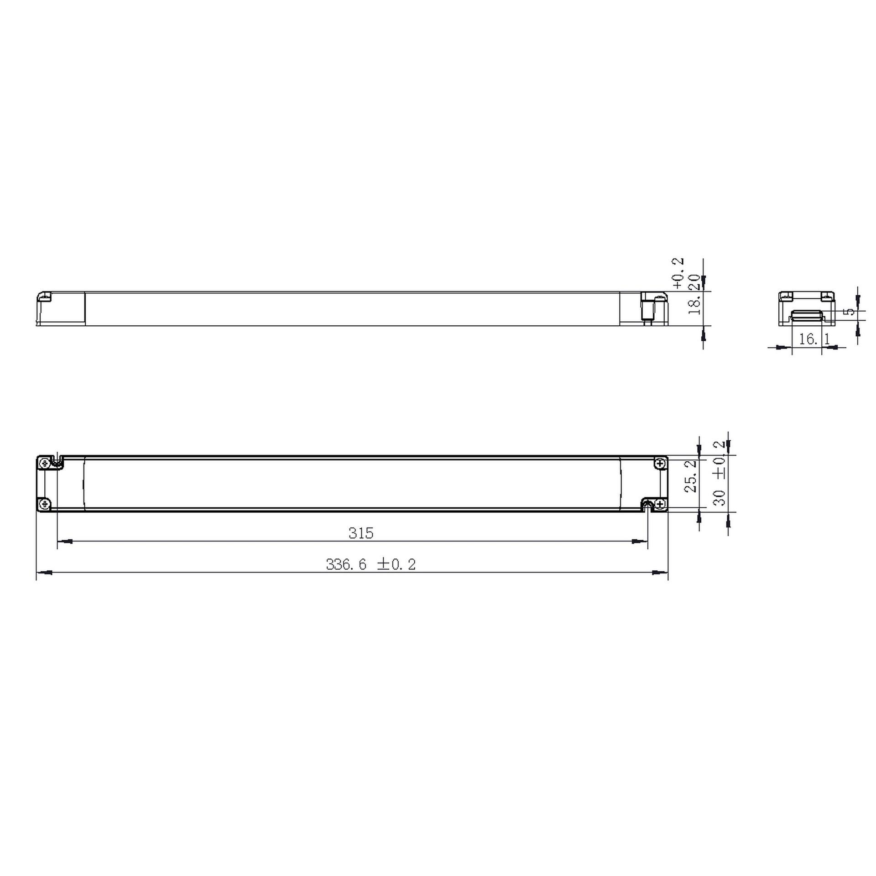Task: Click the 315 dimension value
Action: [361, 533]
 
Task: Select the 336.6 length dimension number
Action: [346, 565]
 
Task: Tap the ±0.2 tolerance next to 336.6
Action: [396, 565]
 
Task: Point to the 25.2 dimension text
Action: [691, 476]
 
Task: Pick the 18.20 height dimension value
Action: [694, 294]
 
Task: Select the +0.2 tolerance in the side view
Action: [678, 273]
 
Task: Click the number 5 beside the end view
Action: [849, 312]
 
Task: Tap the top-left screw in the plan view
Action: [44, 463]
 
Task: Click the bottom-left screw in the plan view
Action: [44, 504]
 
